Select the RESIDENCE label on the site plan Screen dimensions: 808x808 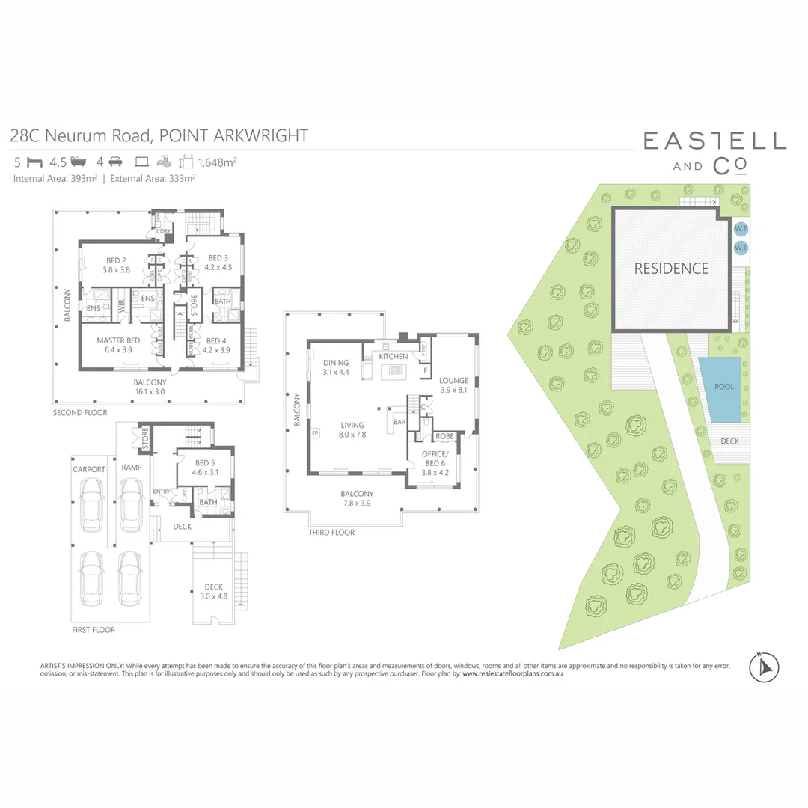tap(671, 269)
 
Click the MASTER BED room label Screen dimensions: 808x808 tap(114, 341)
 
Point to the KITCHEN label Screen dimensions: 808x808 tap(394, 357)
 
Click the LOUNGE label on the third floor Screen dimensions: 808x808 tap(453, 381)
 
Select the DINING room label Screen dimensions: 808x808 tap(336, 363)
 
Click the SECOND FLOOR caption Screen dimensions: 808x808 tap(80, 413)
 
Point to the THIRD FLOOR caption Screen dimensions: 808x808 tap(331, 533)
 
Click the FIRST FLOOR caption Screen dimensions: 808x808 tap(94, 630)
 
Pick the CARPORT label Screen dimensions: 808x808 tap(89, 469)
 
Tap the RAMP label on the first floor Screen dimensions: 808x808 tap(132, 468)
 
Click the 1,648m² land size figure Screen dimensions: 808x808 tap(218, 161)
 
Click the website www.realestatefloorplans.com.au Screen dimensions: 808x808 tap(512, 674)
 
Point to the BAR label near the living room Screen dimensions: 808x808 tap(400, 422)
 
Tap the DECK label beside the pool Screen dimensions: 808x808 tap(729, 441)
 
